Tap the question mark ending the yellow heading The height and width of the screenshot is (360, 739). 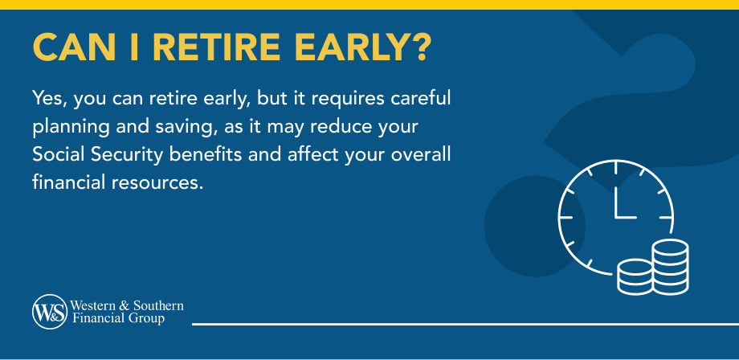(x=417, y=47)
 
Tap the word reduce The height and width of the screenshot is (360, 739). (x=333, y=128)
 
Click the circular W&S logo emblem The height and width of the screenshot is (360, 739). (x=49, y=312)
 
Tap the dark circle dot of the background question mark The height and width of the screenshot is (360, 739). (x=534, y=226)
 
